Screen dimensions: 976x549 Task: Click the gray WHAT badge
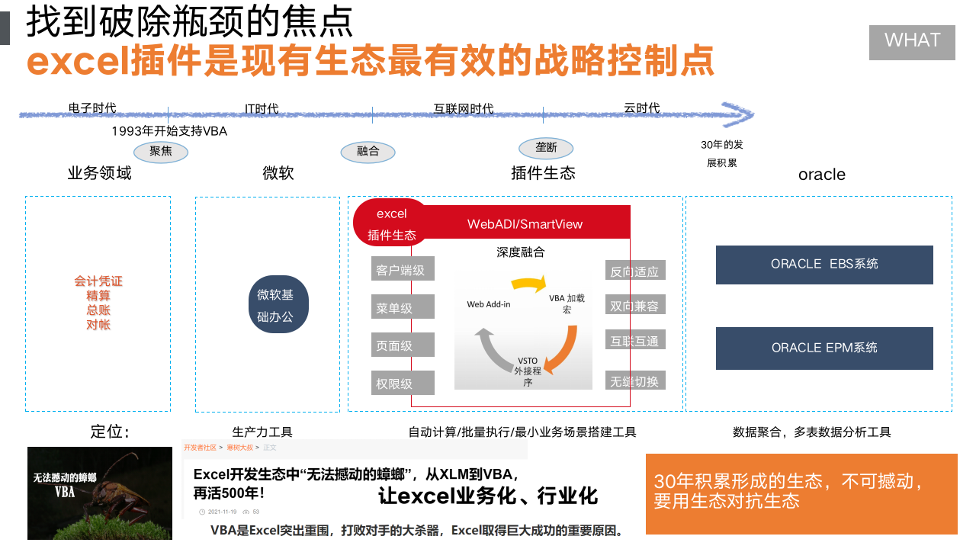click(912, 43)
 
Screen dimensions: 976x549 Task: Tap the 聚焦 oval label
click(161, 151)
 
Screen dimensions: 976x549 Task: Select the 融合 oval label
click(368, 151)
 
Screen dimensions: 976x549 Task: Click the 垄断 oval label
click(546, 148)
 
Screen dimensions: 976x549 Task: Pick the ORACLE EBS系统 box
click(824, 265)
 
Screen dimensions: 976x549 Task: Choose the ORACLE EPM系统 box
click(824, 348)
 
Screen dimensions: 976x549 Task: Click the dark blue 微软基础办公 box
click(278, 305)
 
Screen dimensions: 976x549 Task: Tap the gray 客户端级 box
click(403, 270)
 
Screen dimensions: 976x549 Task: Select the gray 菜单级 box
click(403, 307)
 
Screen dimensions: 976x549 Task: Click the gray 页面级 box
click(403, 345)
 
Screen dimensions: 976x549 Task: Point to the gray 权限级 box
click(403, 383)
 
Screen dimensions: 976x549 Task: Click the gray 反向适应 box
click(634, 271)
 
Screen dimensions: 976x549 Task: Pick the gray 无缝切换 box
click(634, 380)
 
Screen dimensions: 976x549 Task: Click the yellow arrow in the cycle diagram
click(529, 284)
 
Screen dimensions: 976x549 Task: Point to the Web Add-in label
click(489, 304)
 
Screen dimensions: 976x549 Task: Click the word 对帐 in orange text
click(98, 325)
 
